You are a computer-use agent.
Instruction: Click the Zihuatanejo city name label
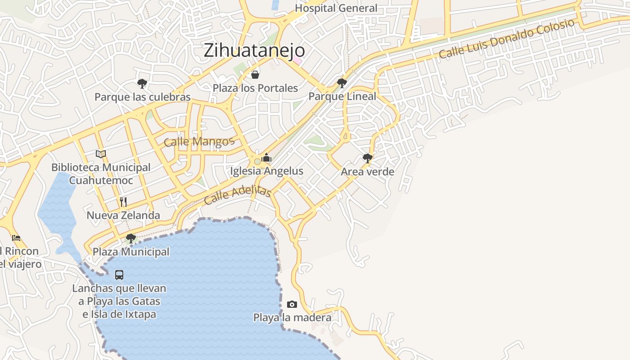[x=254, y=50]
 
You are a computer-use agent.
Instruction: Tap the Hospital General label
[x=336, y=8]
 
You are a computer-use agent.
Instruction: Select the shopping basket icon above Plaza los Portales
[x=255, y=75]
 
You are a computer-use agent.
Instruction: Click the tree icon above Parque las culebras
[x=142, y=83]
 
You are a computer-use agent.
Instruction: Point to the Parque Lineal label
[x=342, y=96]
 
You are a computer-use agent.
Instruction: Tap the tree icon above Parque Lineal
[x=342, y=83]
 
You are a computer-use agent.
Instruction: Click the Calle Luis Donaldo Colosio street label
[x=507, y=39]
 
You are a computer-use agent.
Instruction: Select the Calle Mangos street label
[x=199, y=142]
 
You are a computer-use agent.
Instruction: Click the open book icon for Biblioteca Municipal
[x=101, y=154]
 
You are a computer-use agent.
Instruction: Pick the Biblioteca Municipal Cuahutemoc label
[x=101, y=174]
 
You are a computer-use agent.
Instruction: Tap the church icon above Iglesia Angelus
[x=266, y=157]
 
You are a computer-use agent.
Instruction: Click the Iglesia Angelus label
[x=266, y=171]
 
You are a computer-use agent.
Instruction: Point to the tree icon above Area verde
[x=368, y=158]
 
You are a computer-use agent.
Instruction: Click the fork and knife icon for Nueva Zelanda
[x=123, y=202]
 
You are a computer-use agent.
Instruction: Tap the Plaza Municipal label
[x=131, y=252]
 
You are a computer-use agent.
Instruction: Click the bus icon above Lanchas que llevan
[x=119, y=274]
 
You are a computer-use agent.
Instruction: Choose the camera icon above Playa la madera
[x=292, y=305]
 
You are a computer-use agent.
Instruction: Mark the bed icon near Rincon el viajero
[x=16, y=238]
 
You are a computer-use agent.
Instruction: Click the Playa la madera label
[x=292, y=318]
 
